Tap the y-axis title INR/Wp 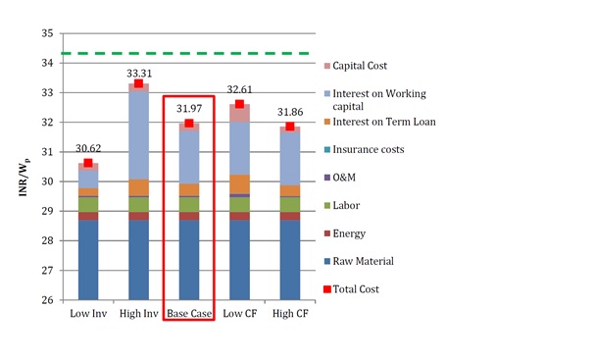pyautogui.click(x=21, y=181)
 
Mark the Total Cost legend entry pyautogui.click(x=366, y=289)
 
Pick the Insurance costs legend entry pyautogui.click(x=377, y=149)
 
